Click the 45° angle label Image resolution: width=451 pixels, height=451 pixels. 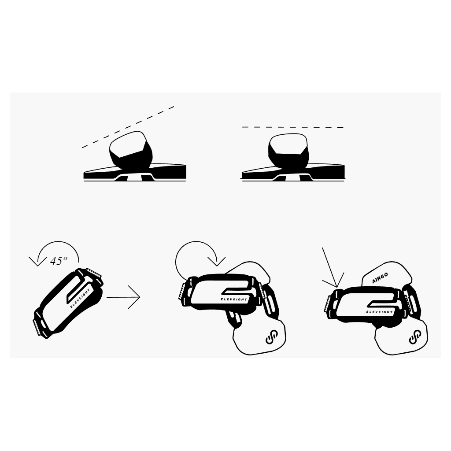[x=59, y=261]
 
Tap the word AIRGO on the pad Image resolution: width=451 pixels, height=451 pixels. [x=380, y=278]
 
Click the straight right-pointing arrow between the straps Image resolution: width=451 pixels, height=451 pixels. [x=123, y=297]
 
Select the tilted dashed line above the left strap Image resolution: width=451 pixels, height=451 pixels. [x=128, y=127]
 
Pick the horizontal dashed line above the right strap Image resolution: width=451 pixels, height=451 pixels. [x=293, y=127]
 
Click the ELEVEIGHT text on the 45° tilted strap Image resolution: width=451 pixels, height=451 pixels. [x=80, y=298]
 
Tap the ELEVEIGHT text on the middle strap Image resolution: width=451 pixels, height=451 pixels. [x=234, y=299]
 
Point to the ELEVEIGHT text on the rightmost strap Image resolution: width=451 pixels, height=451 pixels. [x=379, y=312]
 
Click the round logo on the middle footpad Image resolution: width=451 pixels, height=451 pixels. [x=271, y=337]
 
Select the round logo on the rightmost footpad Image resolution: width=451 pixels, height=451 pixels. [x=415, y=337]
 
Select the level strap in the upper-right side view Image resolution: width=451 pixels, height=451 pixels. [x=288, y=151]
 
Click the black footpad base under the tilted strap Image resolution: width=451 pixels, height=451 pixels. [x=135, y=172]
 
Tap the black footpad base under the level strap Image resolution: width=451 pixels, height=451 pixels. [x=293, y=172]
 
